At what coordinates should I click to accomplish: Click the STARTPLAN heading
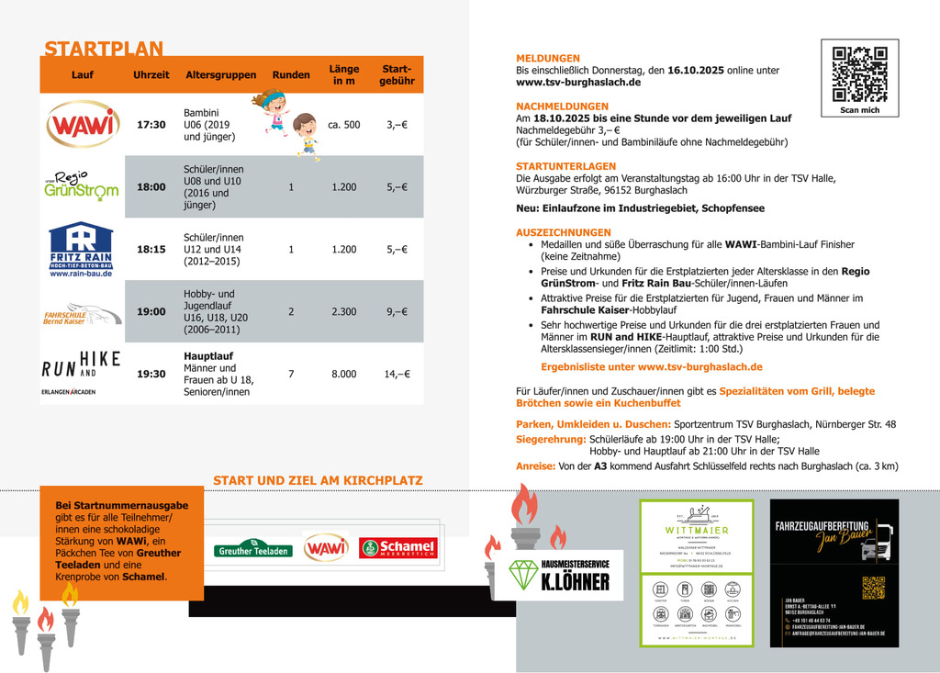(104, 49)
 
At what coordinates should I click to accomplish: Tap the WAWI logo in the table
(83, 125)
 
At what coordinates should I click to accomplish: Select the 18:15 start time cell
(151, 249)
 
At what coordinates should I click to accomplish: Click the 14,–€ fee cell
(397, 374)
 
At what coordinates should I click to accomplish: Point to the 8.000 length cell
(344, 374)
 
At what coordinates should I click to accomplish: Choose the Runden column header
(291, 75)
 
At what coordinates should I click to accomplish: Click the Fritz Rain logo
(81, 249)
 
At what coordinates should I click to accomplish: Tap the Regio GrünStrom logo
(82, 185)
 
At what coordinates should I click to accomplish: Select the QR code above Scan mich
(859, 73)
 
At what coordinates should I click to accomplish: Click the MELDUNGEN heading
(548, 58)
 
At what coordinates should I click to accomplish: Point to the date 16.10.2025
(696, 70)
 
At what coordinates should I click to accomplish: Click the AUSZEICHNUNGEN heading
(564, 232)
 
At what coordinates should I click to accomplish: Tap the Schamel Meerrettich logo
(397, 548)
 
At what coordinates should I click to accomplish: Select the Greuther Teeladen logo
(253, 550)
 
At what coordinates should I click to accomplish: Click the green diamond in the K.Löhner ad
(524, 574)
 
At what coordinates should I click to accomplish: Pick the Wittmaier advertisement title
(696, 530)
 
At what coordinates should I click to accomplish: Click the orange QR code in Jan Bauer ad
(873, 588)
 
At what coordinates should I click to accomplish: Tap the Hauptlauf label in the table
(208, 354)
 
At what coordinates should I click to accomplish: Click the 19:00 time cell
(151, 311)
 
